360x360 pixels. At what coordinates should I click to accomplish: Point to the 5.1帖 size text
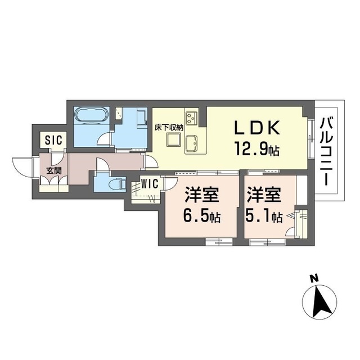(264, 217)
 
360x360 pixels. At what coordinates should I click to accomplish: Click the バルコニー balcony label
(328, 151)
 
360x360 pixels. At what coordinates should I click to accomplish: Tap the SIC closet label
(55, 139)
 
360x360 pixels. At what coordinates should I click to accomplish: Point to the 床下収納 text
(168, 127)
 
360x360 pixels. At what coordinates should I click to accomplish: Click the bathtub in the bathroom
(91, 117)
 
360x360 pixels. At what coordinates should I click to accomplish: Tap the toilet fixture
(115, 183)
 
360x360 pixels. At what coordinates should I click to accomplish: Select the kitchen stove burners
(193, 118)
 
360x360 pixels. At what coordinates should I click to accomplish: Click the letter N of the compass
(314, 278)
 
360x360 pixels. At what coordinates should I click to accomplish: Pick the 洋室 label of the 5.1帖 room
(263, 196)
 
